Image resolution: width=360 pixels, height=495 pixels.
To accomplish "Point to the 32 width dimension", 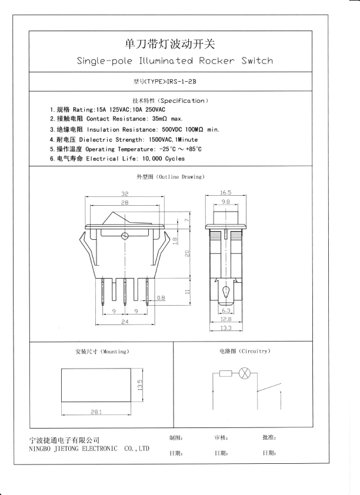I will [x=125, y=193].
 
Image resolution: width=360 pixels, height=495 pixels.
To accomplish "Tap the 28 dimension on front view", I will [x=125, y=202].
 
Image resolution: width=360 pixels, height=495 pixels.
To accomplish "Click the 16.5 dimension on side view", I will [x=226, y=192].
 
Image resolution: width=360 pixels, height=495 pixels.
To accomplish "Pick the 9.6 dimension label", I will [x=226, y=202].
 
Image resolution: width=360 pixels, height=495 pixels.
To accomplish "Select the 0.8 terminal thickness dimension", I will [x=161, y=298].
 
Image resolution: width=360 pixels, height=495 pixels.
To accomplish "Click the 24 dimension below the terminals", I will [x=125, y=322].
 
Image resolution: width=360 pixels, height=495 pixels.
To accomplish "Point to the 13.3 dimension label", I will [x=226, y=327].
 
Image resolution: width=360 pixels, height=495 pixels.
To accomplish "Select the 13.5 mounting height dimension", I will [x=140, y=385].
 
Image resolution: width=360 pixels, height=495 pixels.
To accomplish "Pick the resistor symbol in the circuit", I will [x=225, y=373].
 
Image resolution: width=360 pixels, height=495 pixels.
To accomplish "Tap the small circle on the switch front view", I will [x=125, y=236].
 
